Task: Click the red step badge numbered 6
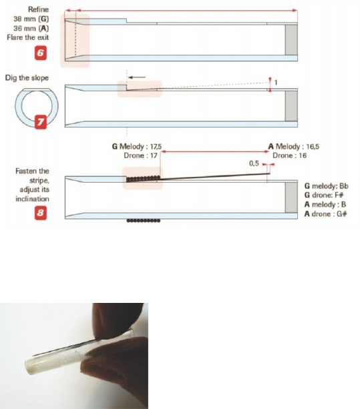(41, 53)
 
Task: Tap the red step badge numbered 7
(41, 122)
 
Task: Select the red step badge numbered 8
(41, 213)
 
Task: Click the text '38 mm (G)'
(31, 19)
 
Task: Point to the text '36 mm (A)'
(31, 28)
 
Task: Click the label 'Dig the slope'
(27, 78)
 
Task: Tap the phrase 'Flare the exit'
(27, 37)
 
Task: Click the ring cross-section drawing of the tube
(18, 105)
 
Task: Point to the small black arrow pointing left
(137, 77)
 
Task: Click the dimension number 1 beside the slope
(276, 83)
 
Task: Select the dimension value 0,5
(254, 163)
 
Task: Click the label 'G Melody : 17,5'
(137, 147)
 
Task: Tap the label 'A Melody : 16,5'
(294, 147)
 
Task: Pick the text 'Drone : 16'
(289, 155)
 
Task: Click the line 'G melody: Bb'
(327, 186)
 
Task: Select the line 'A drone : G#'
(325, 214)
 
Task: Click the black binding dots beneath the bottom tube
(144, 221)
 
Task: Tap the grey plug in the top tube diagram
(291, 40)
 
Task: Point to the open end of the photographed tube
(30, 366)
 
